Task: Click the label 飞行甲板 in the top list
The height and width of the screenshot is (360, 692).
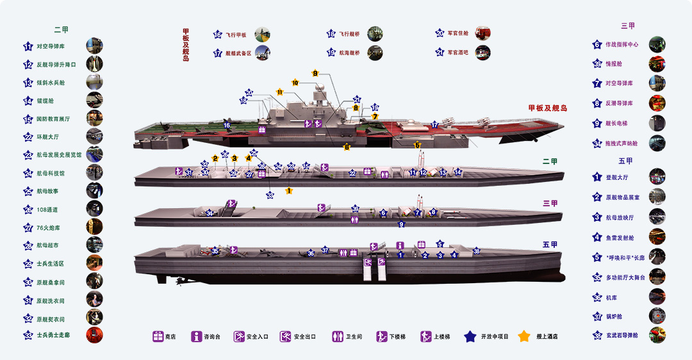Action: click(235, 35)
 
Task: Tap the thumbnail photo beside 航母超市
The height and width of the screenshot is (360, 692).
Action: click(94, 245)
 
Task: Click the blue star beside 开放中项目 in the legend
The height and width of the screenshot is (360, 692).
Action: click(470, 336)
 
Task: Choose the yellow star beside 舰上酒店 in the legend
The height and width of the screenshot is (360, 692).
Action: click(524, 336)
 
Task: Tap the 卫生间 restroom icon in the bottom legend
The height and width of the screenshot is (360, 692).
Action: click(338, 336)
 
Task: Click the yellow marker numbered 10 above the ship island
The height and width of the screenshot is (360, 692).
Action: click(295, 83)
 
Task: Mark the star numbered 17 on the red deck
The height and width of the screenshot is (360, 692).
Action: click(434, 125)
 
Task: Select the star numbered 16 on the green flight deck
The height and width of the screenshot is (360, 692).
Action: click(227, 125)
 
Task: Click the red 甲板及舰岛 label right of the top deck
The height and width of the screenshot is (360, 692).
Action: click(548, 108)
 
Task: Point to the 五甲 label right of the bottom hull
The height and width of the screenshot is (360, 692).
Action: click(550, 245)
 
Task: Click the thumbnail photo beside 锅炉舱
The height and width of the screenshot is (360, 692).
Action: click(657, 316)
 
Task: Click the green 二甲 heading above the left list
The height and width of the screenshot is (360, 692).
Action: click(62, 29)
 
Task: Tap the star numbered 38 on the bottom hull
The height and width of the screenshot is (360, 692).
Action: click(476, 251)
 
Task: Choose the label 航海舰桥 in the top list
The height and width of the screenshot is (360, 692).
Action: click(349, 53)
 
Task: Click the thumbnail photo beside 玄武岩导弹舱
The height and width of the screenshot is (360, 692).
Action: click(657, 334)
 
